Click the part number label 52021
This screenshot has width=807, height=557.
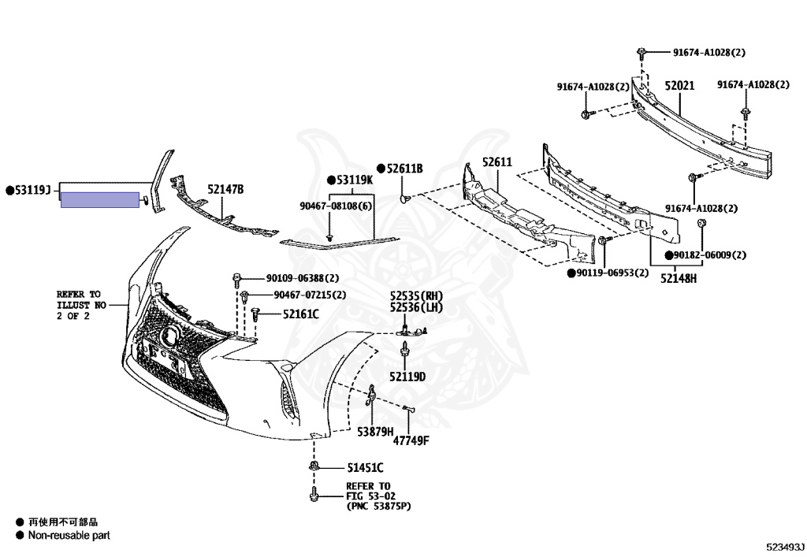679,86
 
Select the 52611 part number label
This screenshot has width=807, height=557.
497,163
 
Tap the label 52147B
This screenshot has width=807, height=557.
225,189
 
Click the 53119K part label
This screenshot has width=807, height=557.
354,180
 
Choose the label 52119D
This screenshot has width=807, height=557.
407,377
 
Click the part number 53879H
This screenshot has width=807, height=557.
375,431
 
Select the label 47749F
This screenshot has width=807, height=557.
411,440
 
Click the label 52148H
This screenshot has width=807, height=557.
679,277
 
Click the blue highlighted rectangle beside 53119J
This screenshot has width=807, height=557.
100,199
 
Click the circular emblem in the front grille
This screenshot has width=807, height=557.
169,337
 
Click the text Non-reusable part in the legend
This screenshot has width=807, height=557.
69,535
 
